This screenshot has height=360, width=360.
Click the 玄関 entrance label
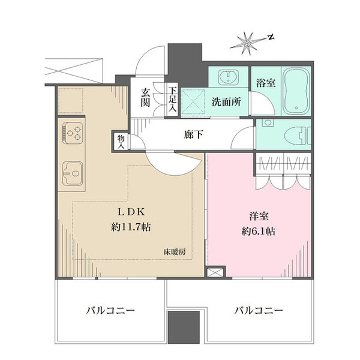pos(145,98)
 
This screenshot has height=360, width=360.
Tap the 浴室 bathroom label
pos(266,83)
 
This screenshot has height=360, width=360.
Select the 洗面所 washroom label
pos(226,102)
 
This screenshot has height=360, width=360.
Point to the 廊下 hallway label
pos(193,135)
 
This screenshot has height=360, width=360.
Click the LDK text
pos(131,212)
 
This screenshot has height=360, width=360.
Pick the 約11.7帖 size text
pos(131,227)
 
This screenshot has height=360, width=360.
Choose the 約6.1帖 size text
pos(259,231)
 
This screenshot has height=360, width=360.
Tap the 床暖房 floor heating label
pos(175,252)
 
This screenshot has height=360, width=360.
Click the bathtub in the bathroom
pos(296,91)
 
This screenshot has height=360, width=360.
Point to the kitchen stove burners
pos(73,133)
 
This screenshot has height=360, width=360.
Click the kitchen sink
pos(73,173)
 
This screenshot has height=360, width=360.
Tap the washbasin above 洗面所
pos(228,76)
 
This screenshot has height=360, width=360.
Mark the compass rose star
pos(247,43)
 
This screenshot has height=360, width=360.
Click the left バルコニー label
pos(110,311)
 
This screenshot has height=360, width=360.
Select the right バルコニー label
pos(259,311)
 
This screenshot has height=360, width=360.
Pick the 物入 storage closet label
pos(121,142)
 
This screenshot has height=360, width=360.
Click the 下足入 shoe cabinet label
pos(172,100)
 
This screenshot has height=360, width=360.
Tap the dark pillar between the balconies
pos(184,327)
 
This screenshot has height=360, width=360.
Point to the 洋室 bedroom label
pos(259,216)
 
